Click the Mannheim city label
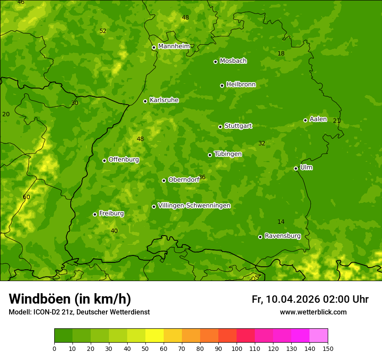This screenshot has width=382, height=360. pos(174,46)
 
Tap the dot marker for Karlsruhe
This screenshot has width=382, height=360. pos(145,101)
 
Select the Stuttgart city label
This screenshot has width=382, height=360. pos(238,126)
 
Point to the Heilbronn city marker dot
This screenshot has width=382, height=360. pos(222,85)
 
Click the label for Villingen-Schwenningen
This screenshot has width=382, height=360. pos(194,206)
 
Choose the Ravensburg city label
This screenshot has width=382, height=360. pos(283,236)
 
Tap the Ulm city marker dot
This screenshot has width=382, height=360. pos(296,168)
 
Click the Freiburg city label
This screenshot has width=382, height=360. pos(111,213)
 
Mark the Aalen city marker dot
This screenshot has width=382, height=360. pos(306,120)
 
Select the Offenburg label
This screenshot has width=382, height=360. pos(124,160)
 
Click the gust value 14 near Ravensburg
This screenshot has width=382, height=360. pos(281,222)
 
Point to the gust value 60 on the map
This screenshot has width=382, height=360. pos(26,197)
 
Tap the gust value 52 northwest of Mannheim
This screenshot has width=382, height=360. pos(103,31)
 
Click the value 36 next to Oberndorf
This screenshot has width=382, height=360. pos(202,177)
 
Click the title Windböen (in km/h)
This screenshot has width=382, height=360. pos(70,299)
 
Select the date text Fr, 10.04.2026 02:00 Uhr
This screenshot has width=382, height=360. pos(310,299)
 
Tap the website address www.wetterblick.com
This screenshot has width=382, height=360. pos(313,312)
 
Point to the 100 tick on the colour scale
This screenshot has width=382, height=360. pos(237,348)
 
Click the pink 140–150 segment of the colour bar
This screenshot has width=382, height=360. pos(319,336)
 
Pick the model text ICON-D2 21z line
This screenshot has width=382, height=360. pos(79,312)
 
